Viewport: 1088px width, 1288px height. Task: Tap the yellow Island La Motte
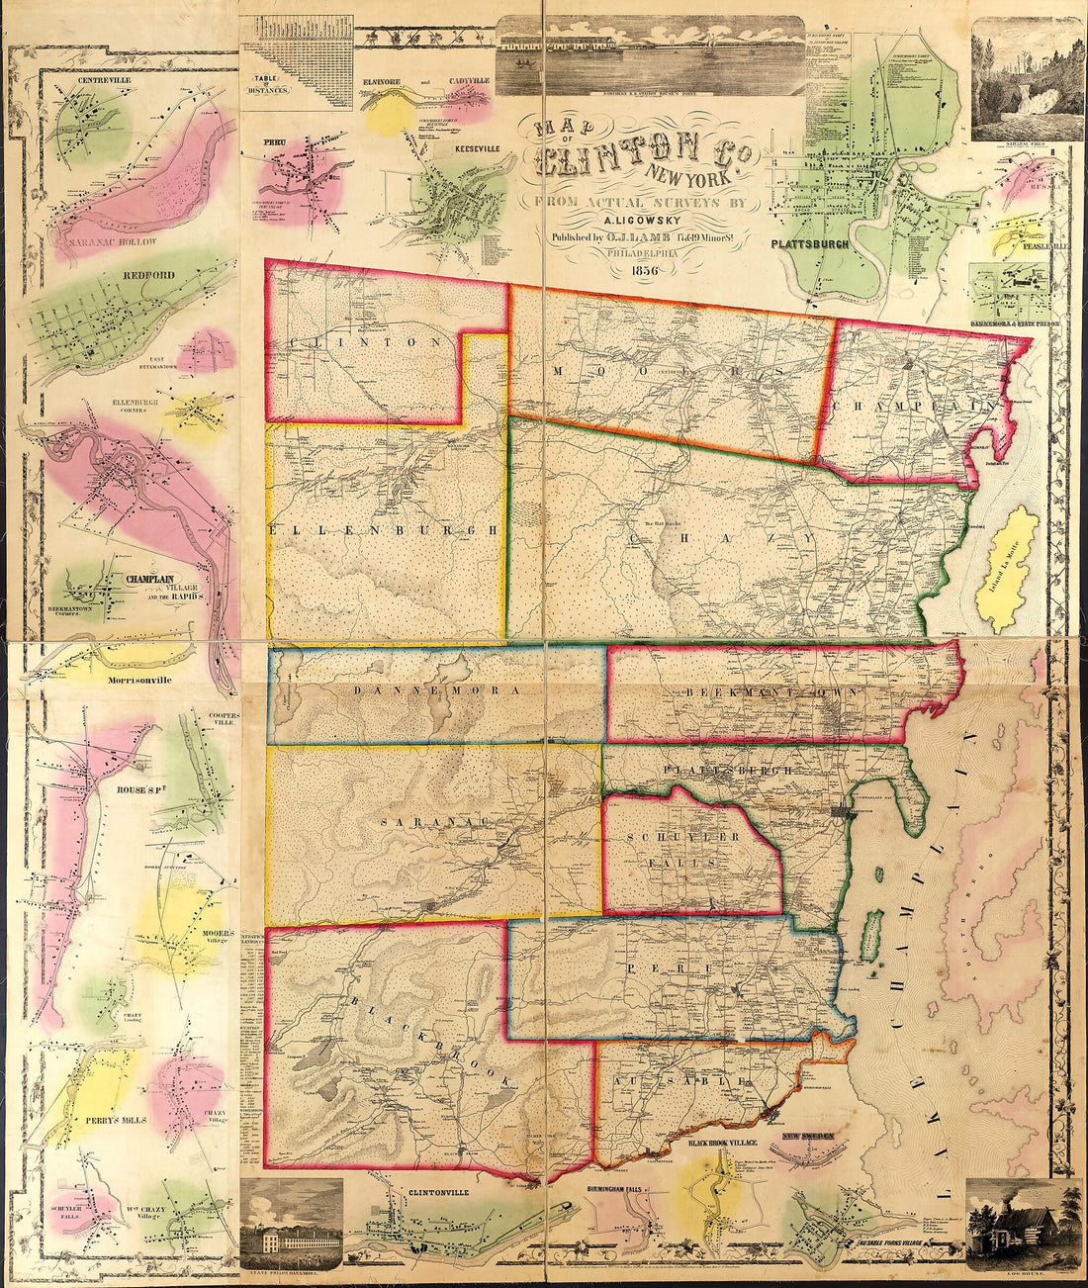1008,569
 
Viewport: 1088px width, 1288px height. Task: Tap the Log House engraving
1024,1224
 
